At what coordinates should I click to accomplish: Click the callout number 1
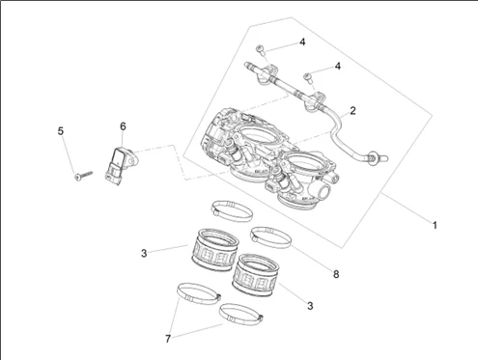pos(435,225)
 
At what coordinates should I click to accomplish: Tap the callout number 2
pos(352,111)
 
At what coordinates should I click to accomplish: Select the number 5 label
pos(61,131)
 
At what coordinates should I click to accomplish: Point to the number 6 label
pos(123,126)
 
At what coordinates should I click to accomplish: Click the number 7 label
pos(168,339)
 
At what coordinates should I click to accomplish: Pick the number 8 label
pos(336,274)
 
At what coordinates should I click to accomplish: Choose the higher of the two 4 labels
pos(302,42)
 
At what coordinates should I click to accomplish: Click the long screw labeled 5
pos(84,176)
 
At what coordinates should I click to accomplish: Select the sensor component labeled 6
pos(121,165)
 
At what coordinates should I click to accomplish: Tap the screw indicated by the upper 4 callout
pos(260,50)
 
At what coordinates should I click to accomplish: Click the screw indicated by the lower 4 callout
pos(308,77)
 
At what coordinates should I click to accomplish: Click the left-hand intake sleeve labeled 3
pos(215,249)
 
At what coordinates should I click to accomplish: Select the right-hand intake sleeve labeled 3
pos(256,274)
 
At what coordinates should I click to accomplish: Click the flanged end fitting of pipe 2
pos(376,157)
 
